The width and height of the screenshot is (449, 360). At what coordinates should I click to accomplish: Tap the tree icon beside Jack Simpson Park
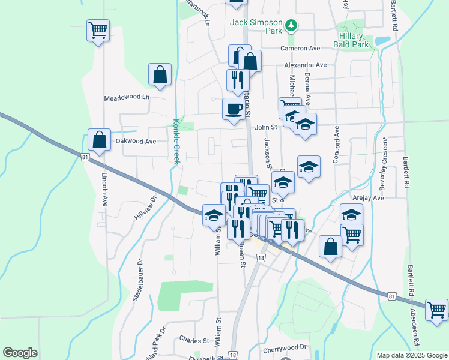pos(291,25)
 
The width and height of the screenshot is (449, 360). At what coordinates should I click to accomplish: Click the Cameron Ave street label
pos(301,49)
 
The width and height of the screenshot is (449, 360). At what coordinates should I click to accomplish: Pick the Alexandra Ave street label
pos(305,65)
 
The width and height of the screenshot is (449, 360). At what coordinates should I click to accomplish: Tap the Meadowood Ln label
pos(127,97)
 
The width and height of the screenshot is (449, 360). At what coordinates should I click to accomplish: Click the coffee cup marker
pos(234,109)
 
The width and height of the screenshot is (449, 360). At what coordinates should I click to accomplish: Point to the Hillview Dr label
pos(145,207)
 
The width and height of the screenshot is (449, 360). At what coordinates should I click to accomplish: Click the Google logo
pos(20,353)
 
